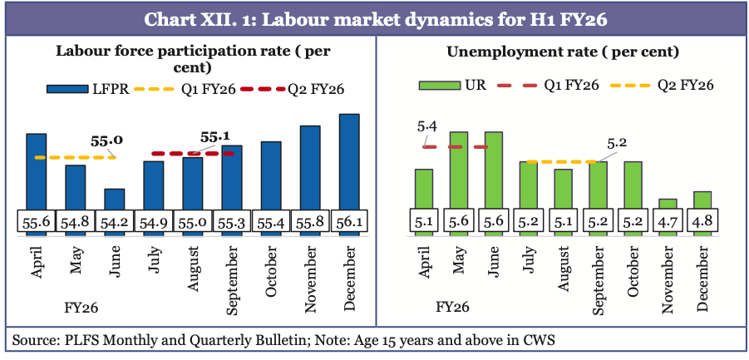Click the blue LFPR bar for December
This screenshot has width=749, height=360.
tap(349, 162)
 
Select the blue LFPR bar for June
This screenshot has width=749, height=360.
tap(114, 200)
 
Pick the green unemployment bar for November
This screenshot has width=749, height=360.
tap(668, 204)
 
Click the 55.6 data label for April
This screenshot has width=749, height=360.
tap(36, 223)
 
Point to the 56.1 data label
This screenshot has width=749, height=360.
tap(349, 223)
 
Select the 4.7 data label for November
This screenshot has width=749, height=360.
tap(668, 223)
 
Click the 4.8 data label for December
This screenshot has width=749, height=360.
tap(702, 223)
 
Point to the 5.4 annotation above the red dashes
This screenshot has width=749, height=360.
tap(427, 126)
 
